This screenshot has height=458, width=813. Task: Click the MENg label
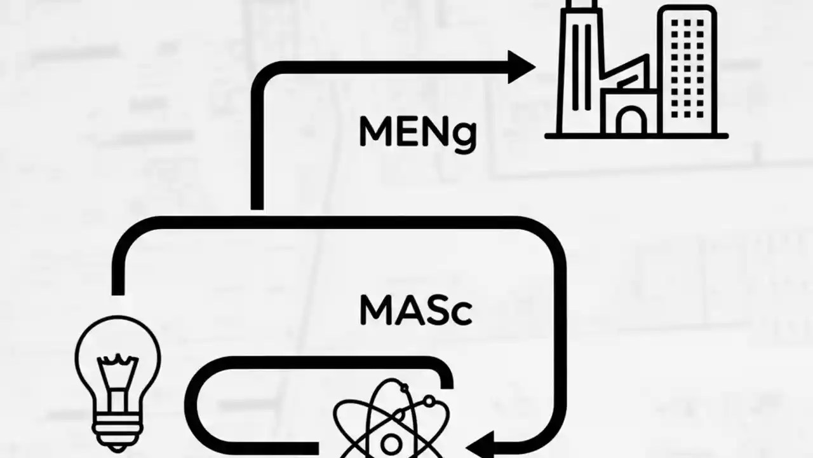pyautogui.click(x=417, y=132)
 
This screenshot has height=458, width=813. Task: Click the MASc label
pyautogui.click(x=416, y=310)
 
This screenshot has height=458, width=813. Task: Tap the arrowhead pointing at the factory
pyautogui.click(x=523, y=67)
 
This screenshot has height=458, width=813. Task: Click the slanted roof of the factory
pyautogui.click(x=626, y=76)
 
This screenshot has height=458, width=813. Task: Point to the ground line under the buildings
pyautogui.click(x=636, y=135)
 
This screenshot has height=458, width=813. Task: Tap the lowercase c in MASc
pyautogui.click(x=461, y=314)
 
